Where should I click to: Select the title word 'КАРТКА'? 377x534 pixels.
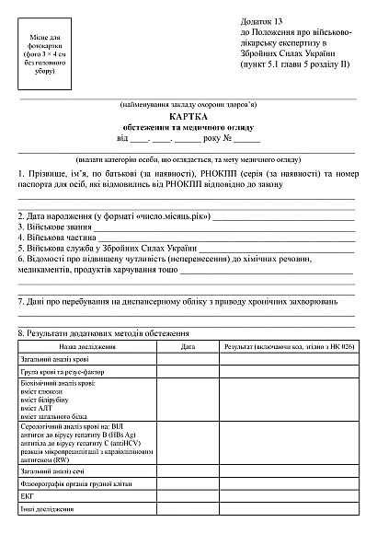pyautogui.click(x=188, y=118)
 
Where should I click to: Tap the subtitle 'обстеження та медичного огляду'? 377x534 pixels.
pyautogui.click(x=188, y=128)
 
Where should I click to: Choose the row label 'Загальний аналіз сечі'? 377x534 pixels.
pyautogui.click(x=56, y=470)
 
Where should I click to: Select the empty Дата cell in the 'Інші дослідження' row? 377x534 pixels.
pyautogui.click(x=188, y=507)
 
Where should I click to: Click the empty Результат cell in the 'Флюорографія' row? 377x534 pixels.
pyautogui.click(x=289, y=483)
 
